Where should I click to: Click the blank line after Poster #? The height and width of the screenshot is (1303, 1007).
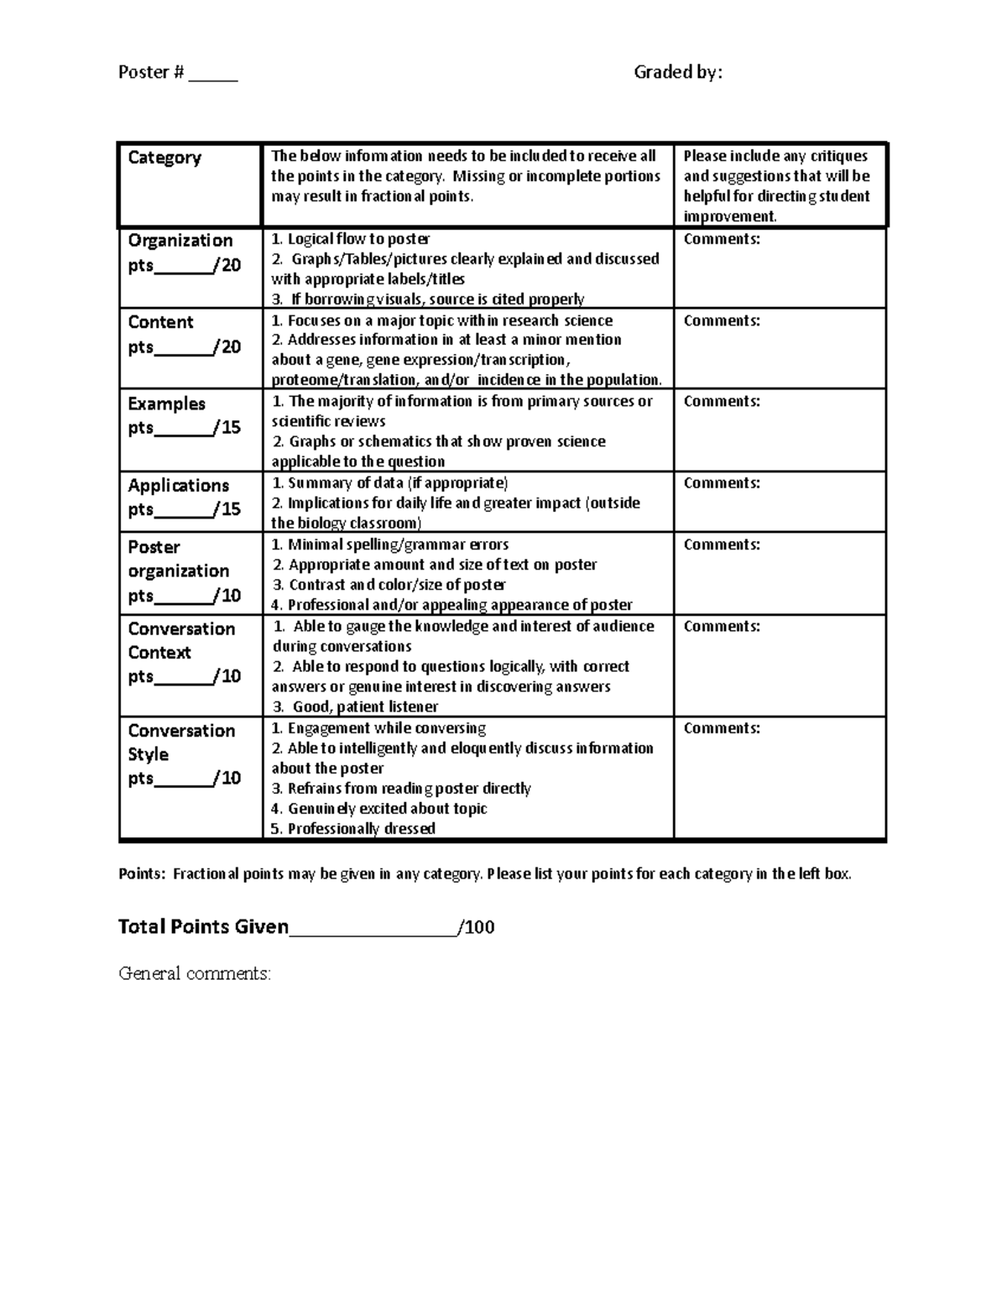coord(213,75)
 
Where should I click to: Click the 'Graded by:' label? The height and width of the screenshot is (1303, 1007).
coord(677,73)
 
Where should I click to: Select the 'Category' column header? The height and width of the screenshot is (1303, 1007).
coord(164,158)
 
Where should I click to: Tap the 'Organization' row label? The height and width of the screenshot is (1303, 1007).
coord(180,241)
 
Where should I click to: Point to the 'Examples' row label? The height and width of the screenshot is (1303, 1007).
coord(166,404)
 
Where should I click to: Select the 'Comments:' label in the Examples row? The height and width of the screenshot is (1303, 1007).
coord(722,402)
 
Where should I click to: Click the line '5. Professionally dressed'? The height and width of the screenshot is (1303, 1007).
coord(353,829)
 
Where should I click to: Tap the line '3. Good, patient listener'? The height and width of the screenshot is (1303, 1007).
coord(355,707)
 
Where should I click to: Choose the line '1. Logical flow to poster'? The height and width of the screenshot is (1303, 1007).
coord(351,239)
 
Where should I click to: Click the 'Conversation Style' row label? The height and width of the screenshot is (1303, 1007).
coord(181,743)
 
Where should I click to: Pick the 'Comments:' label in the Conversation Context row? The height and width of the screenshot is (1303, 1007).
coord(722,627)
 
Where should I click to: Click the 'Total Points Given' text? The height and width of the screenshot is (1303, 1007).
coord(203,927)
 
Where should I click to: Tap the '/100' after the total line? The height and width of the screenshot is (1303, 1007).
coord(477,927)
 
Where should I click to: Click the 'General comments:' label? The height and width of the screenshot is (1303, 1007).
coord(195,974)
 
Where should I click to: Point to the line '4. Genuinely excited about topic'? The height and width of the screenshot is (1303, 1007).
coord(379,809)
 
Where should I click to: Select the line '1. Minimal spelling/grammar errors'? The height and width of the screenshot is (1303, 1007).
coord(390,545)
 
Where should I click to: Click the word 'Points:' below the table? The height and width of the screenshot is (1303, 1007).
coord(142,874)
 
